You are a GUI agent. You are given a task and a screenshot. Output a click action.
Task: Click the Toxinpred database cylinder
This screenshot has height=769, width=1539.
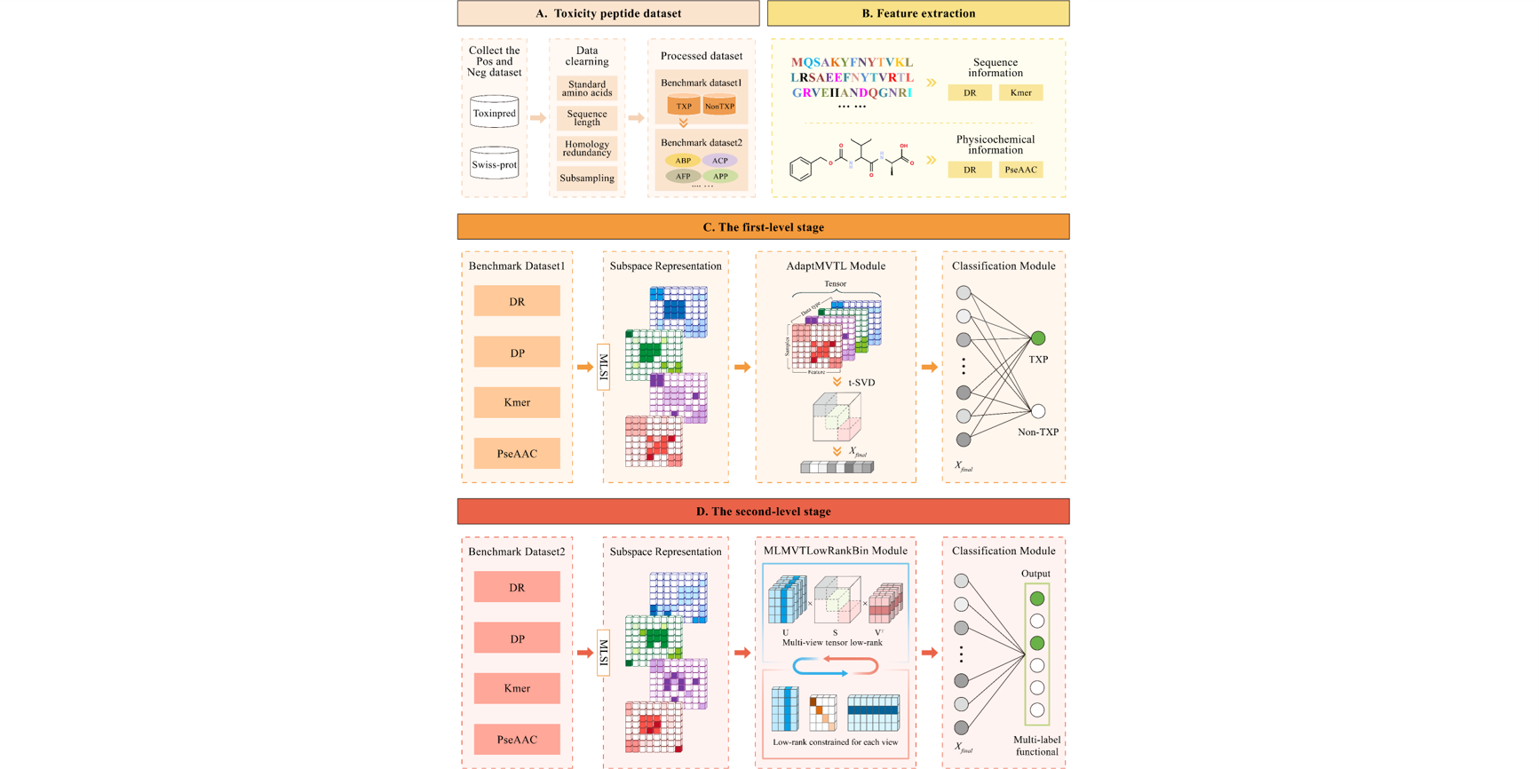coord(494,113)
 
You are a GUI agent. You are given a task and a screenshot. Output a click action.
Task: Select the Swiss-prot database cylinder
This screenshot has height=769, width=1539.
coord(494,164)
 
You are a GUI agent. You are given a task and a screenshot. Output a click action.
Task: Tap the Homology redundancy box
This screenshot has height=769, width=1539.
coord(586,148)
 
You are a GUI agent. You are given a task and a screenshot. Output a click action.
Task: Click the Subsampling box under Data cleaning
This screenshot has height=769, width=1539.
coord(586,178)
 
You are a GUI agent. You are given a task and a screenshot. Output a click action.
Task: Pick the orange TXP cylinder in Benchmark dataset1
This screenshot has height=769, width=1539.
coord(684,106)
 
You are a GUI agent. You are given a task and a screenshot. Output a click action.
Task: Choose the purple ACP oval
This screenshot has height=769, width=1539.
coord(719,161)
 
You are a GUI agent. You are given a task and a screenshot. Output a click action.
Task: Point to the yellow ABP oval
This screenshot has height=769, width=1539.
coord(682,161)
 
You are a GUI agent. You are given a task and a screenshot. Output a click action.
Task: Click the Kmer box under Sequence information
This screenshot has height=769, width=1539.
coord(1020,92)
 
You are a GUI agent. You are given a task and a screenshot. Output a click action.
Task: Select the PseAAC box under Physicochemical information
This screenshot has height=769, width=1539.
coord(1020,170)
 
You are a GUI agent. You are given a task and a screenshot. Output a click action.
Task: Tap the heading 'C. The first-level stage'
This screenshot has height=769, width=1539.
coord(763,227)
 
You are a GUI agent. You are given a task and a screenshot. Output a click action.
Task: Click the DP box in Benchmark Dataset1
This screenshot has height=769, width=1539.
coord(517,353)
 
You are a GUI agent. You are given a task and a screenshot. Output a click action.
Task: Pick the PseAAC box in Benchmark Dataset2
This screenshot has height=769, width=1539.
coord(517,739)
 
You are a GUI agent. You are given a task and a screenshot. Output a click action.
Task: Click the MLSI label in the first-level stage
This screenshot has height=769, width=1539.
coord(604,367)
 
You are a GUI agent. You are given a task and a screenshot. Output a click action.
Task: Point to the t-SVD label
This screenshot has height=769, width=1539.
coord(861,383)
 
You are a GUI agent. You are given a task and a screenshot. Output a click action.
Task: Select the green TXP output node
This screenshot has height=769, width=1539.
coord(1037,338)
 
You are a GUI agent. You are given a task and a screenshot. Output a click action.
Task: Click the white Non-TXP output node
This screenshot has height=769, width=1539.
coord(1037,411)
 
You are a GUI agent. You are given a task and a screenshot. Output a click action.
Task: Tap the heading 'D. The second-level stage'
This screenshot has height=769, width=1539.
coord(763,511)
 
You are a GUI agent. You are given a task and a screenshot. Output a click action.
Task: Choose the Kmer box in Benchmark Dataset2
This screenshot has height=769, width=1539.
coord(517,688)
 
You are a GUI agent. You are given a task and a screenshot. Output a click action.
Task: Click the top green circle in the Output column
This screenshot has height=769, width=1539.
coord(1036,599)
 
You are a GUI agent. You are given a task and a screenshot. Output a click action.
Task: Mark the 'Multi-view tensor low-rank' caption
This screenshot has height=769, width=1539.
coord(832,643)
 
